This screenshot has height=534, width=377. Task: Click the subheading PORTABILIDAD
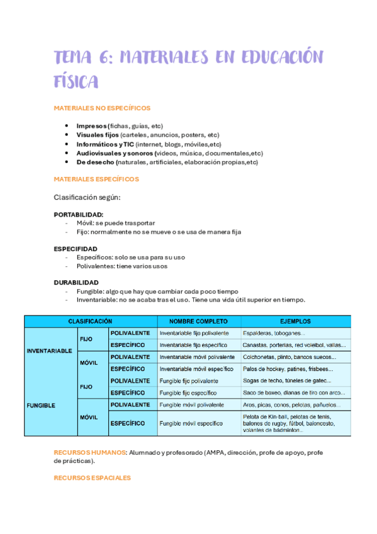79,214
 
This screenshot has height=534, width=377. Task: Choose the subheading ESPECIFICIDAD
76,249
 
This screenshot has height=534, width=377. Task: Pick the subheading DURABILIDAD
76,283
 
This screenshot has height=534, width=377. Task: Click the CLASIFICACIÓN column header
90,321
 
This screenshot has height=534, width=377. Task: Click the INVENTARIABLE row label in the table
49,351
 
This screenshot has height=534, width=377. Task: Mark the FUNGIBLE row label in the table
41,406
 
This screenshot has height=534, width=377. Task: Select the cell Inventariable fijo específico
193,345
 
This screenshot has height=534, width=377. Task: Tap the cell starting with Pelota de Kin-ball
289,424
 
